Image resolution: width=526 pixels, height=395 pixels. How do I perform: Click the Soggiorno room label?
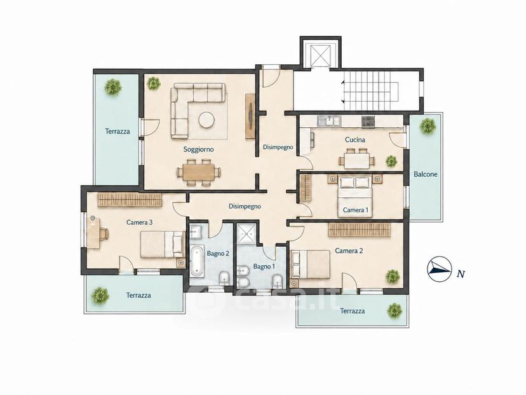(198, 149)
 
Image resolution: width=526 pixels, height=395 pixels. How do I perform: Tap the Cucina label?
(355, 139)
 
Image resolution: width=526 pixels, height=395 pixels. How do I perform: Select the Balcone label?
(426, 174)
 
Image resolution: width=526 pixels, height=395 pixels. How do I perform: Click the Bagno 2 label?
(218, 253)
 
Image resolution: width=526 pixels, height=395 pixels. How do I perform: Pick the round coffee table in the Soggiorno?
(206, 120)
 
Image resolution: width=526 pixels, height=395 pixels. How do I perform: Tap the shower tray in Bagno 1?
(246, 233)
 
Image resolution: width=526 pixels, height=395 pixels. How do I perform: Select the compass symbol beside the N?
(438, 268)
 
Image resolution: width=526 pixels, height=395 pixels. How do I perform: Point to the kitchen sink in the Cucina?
(330, 121)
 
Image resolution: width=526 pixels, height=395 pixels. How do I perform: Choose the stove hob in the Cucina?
(368, 121)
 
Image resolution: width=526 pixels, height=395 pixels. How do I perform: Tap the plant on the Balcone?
(428, 126)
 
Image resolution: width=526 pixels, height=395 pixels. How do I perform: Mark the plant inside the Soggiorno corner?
(153, 83)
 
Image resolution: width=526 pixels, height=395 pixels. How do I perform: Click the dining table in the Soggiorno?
(199, 172)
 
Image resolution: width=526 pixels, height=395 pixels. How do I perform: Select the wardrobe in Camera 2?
(360, 230)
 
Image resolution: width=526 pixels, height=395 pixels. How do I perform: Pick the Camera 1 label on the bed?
(356, 211)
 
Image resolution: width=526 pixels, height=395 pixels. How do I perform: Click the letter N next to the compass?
(461, 274)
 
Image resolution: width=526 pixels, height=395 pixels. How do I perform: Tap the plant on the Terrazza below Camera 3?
(100, 296)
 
